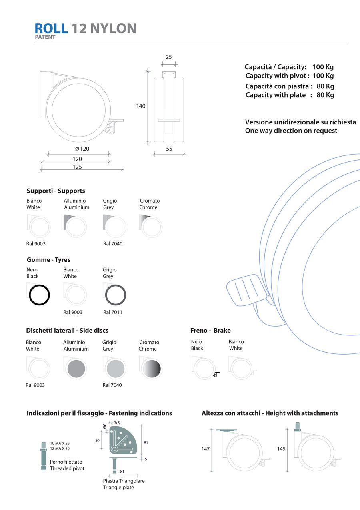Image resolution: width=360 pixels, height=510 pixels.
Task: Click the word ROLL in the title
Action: pyautogui.click(x=51, y=28)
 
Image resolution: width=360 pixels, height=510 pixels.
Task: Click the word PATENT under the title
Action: pyautogui.click(x=45, y=37)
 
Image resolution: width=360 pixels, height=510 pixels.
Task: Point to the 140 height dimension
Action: pyautogui.click(x=141, y=106)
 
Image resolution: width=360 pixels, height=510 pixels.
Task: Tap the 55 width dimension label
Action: pyautogui.click(x=169, y=149)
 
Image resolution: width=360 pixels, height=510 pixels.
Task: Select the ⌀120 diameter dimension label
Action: pyautogui.click(x=82, y=149)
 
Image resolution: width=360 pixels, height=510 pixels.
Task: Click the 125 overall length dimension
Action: pyautogui.click(x=77, y=167)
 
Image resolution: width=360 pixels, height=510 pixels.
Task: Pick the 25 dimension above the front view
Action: pyautogui.click(x=169, y=57)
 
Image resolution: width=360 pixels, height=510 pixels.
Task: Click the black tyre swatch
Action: pyautogui.click(x=39, y=295)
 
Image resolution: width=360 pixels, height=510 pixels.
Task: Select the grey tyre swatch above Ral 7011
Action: pyautogui.click(x=116, y=295)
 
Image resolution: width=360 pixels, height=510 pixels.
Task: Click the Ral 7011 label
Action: pyautogui.click(x=112, y=312)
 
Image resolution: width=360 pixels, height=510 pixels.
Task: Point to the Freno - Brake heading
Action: pyautogui.click(x=210, y=330)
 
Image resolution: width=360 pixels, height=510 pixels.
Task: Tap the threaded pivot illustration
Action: pyautogui.click(x=44, y=456)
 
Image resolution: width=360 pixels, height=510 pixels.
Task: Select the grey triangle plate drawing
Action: pyautogui.click(x=124, y=440)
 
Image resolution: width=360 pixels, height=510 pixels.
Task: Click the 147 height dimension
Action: pyautogui.click(x=206, y=449)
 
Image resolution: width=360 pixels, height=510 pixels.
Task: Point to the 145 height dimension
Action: pyautogui.click(x=281, y=449)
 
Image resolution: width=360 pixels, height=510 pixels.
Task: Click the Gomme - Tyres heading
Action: pyautogui.click(x=48, y=260)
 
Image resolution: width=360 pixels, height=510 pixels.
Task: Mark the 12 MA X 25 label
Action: pyautogui.click(x=60, y=448)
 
